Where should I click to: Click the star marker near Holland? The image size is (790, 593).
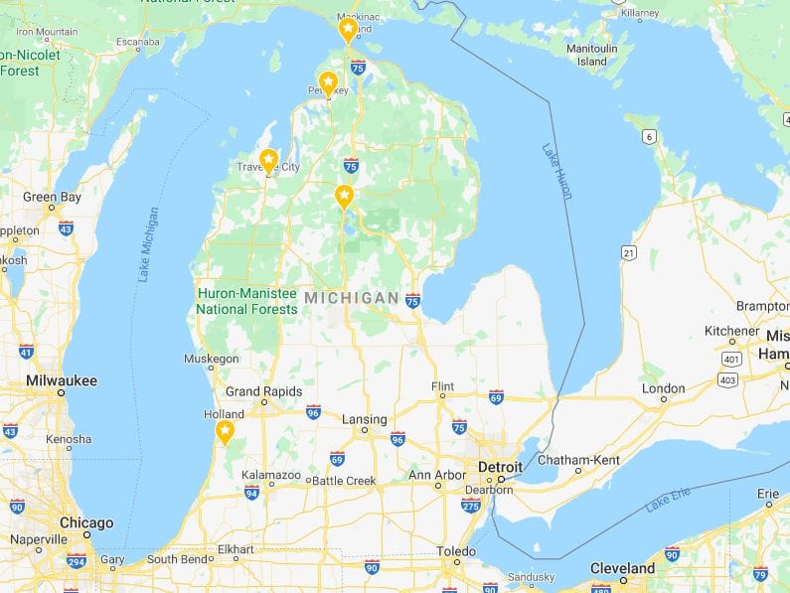tap(225, 431)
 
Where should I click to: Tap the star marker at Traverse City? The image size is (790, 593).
tap(268, 160)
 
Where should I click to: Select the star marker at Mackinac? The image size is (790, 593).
tap(348, 30)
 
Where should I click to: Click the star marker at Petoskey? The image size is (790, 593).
tap(327, 83)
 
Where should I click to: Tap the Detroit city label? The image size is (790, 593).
tap(500, 467)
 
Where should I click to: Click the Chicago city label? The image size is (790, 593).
tap(85, 523)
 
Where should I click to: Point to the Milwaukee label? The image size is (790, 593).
tap(63, 380)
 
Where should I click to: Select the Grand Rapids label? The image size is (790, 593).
tap(262, 391)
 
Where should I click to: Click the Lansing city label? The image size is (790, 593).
tap(364, 419)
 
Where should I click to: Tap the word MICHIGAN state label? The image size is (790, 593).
tap(352, 298)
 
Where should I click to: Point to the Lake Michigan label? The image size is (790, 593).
tap(148, 243)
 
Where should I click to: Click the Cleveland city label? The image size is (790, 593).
tap(623, 569)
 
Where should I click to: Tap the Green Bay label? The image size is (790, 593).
tap(52, 197)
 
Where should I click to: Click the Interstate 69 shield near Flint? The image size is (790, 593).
tap(496, 396)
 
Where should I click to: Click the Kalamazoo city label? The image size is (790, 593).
tap(271, 476)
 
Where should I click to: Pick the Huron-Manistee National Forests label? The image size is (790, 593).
tap(246, 301)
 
